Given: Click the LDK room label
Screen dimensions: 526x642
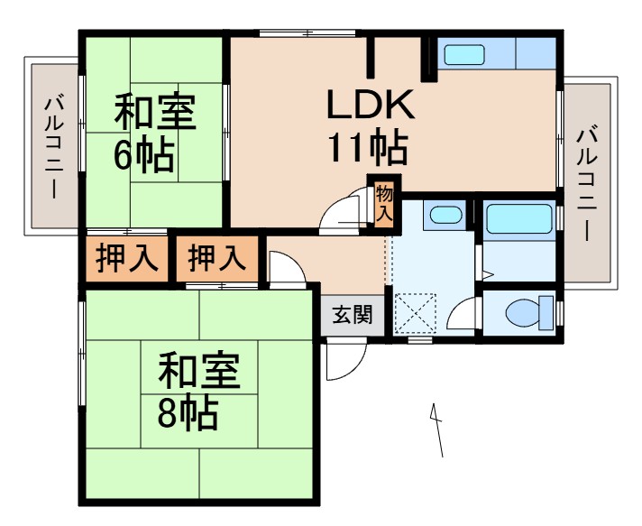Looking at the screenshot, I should point(369,106).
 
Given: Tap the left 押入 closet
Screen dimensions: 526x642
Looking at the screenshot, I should point(127,259).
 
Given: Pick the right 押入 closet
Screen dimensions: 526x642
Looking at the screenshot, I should point(216,259).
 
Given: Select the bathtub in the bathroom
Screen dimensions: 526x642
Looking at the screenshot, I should point(518,219).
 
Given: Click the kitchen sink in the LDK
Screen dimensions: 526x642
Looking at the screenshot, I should point(465,54).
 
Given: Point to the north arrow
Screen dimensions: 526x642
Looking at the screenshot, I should point(438,429).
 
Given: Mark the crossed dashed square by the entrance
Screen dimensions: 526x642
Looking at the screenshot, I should point(417,314).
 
